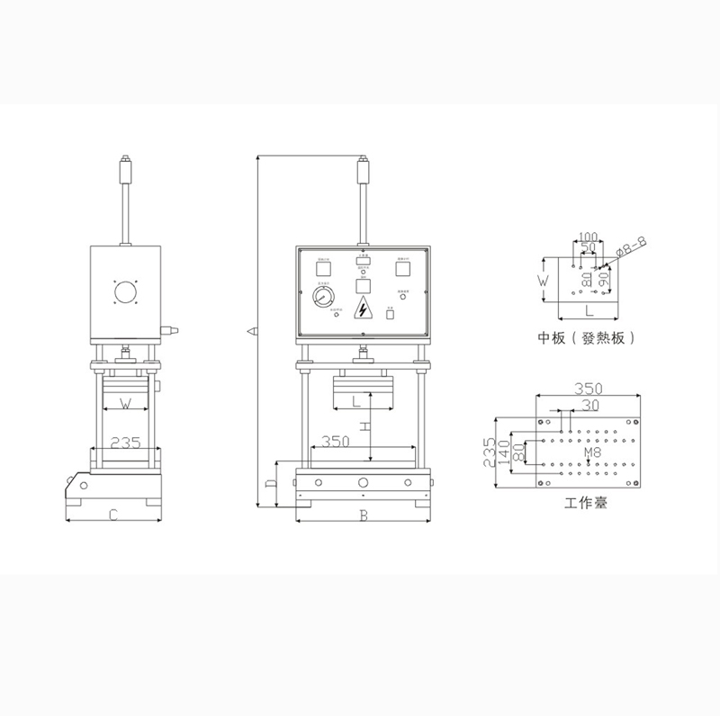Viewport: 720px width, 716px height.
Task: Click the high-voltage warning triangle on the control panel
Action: [363, 308]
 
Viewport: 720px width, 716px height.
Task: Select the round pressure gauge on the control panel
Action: [322, 297]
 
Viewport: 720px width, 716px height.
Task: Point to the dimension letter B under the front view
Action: [363, 515]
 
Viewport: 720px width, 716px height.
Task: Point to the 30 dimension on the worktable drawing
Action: [589, 406]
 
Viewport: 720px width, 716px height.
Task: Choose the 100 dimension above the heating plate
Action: [588, 236]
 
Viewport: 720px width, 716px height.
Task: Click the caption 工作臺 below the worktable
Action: [586, 503]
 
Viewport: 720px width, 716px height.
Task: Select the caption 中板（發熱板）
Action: [588, 339]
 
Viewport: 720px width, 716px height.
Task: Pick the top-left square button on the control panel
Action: [322, 267]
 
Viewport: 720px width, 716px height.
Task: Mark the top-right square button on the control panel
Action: [403, 266]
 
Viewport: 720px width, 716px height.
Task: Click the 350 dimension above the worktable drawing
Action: [586, 389]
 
